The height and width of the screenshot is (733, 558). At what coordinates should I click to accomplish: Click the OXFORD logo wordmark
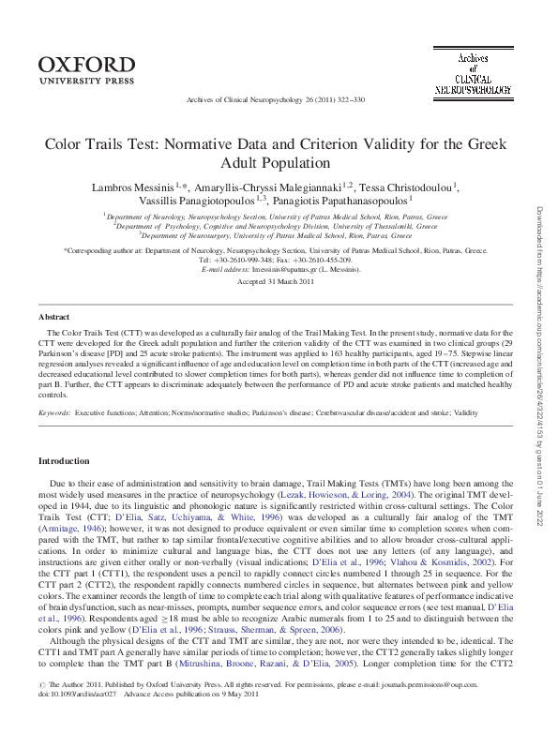(86, 65)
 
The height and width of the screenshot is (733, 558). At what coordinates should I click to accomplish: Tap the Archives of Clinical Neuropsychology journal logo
(473, 73)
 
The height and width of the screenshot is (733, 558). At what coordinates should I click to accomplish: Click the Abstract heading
(53, 318)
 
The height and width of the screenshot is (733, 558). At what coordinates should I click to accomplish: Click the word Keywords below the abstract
(53, 386)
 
